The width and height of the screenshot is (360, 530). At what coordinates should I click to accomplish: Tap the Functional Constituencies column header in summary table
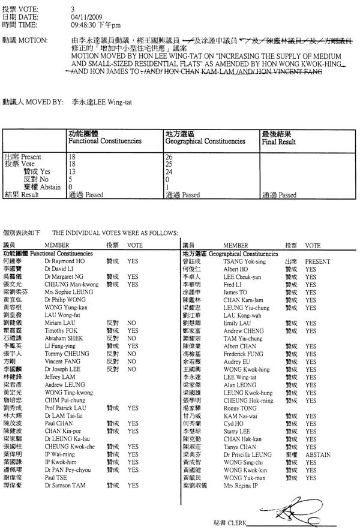(x=104, y=141)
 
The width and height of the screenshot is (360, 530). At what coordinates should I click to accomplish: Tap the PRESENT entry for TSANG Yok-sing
(x=318, y=261)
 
